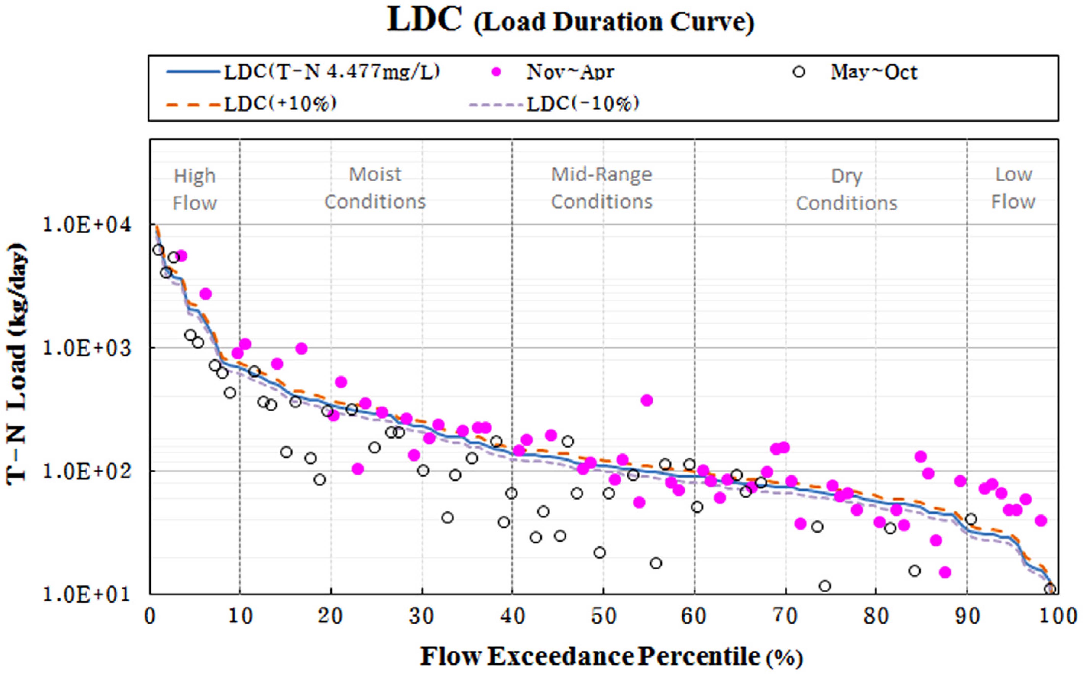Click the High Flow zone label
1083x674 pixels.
point(195,189)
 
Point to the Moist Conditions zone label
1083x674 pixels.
point(375,188)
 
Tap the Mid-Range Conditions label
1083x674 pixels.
point(602,188)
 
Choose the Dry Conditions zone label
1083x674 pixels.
point(847,189)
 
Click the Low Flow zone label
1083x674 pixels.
point(1014,188)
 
